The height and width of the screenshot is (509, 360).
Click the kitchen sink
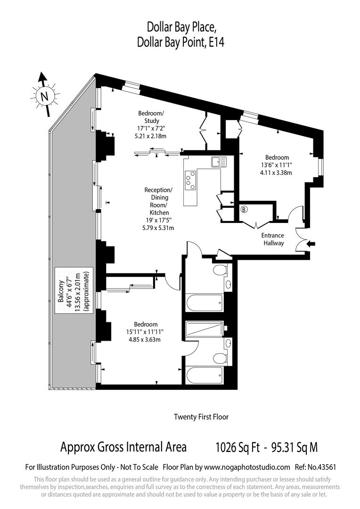(219, 162)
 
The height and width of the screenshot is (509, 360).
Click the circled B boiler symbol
(244, 210)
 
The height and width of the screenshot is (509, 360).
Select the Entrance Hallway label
(273, 239)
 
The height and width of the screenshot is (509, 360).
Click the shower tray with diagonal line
(205, 328)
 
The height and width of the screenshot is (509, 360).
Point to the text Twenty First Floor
(201, 417)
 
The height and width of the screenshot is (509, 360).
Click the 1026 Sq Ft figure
(238, 447)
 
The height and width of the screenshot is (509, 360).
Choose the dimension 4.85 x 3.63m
(145, 340)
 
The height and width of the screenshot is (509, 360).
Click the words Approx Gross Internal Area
(123, 447)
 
